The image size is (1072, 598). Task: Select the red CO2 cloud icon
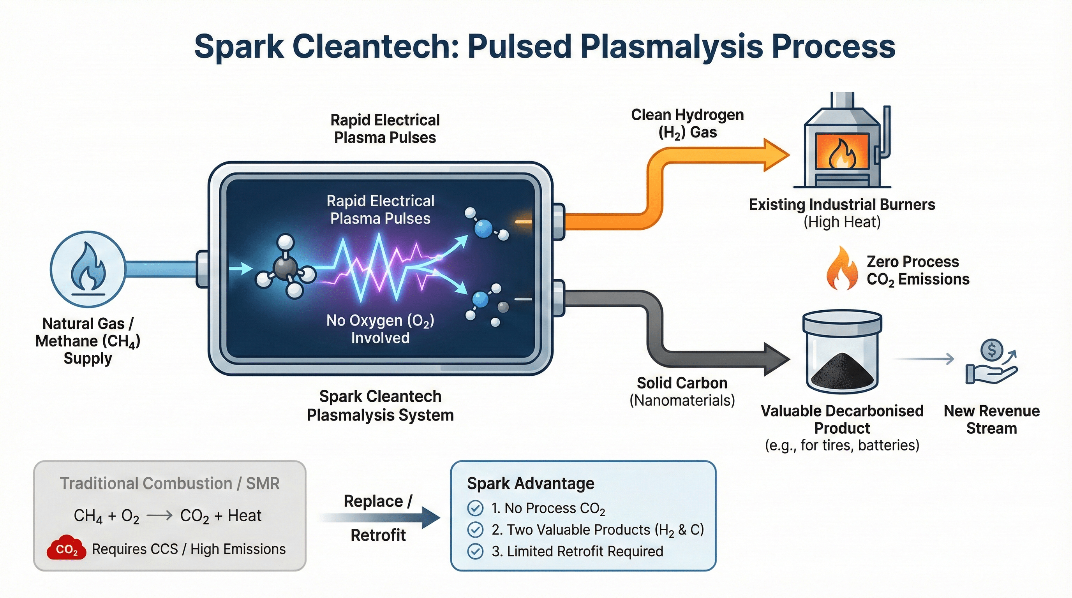67,549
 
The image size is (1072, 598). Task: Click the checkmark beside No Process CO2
475,508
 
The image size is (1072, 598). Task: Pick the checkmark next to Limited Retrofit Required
475,551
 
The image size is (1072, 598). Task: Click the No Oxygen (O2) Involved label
380,329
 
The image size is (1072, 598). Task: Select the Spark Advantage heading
531,483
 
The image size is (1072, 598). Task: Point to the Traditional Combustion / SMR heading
169,483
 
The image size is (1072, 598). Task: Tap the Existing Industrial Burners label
842,205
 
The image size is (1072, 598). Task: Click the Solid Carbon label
682,383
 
